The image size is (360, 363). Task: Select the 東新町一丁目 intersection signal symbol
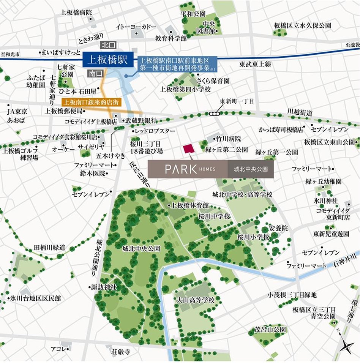[215, 113]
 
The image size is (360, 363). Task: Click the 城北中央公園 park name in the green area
[141, 249]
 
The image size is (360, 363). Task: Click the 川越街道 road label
[300, 112]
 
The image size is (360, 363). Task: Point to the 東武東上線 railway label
[255, 65]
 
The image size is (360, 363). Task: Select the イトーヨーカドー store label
[131, 27]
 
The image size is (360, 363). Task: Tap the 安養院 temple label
[279, 229]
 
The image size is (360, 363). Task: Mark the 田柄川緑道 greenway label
[49, 247]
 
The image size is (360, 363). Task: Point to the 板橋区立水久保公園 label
[302, 25]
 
